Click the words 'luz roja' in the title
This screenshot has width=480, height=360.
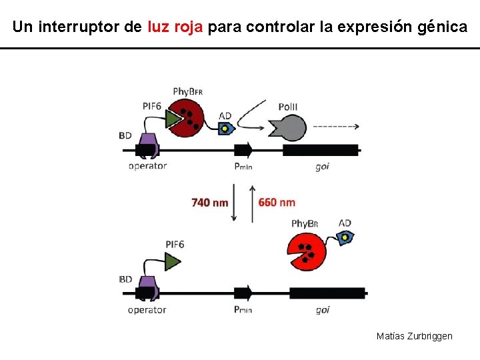pos(175,27)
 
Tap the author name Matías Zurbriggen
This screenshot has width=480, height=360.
pos(414,336)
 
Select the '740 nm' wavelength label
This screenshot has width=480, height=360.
pos(209,202)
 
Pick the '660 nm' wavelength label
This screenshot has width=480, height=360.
pos(277,202)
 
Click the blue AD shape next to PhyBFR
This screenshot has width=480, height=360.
pos(226,129)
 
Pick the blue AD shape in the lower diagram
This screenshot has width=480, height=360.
pos(346,238)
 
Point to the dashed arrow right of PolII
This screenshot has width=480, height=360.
pos(336,126)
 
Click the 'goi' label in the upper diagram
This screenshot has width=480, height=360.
pos(322,167)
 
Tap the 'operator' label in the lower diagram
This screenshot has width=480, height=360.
pos(147,310)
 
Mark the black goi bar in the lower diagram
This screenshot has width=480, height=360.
pos(327,293)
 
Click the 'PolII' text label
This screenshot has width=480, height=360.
pos(288,107)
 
